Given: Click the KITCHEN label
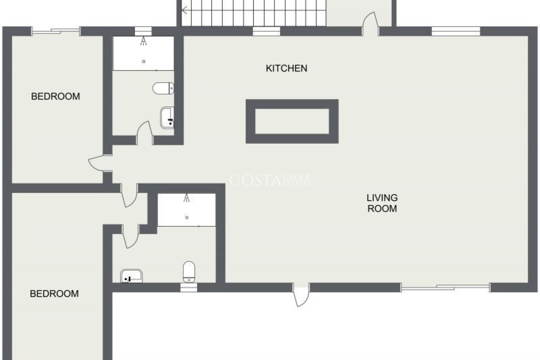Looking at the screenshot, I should [286, 68].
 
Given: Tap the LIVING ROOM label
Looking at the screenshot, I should [382, 203].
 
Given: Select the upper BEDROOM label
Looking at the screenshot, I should [55, 96].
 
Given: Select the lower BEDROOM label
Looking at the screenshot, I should [54, 294].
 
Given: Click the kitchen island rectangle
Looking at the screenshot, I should [292, 121].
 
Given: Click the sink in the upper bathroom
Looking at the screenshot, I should [167, 118].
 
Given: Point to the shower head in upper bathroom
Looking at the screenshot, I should [144, 41].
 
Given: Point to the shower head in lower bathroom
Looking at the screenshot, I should [187, 198].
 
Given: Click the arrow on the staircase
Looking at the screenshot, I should [185, 11].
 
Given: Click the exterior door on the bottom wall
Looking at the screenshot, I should [300, 295].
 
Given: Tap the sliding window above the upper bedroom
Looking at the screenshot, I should [56, 31].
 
